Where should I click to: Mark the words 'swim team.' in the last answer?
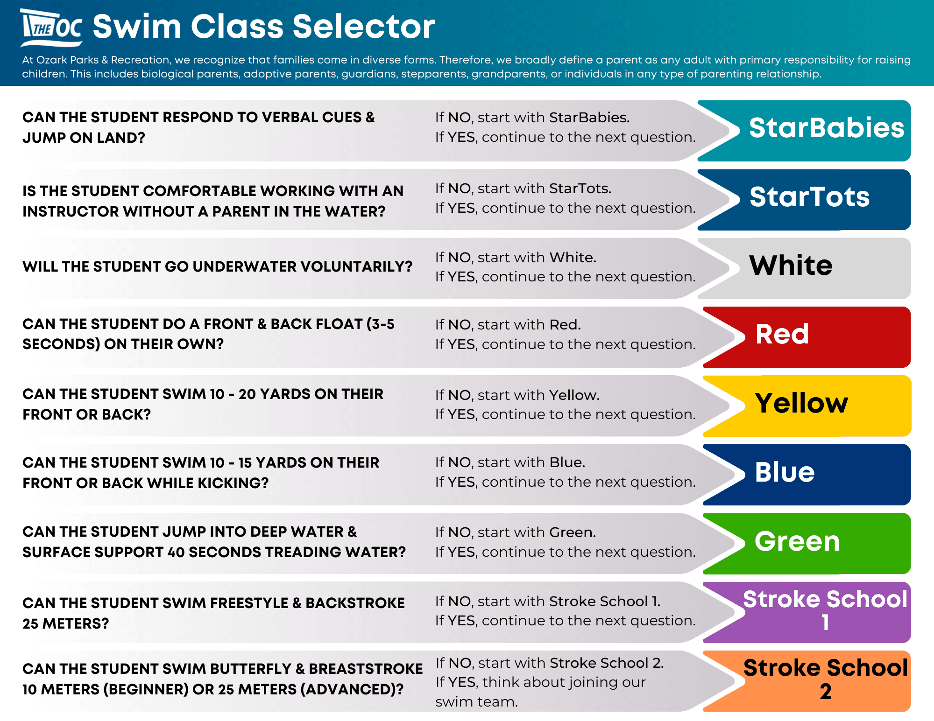coord(476,702)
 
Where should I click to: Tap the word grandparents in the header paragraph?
coord(509,74)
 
